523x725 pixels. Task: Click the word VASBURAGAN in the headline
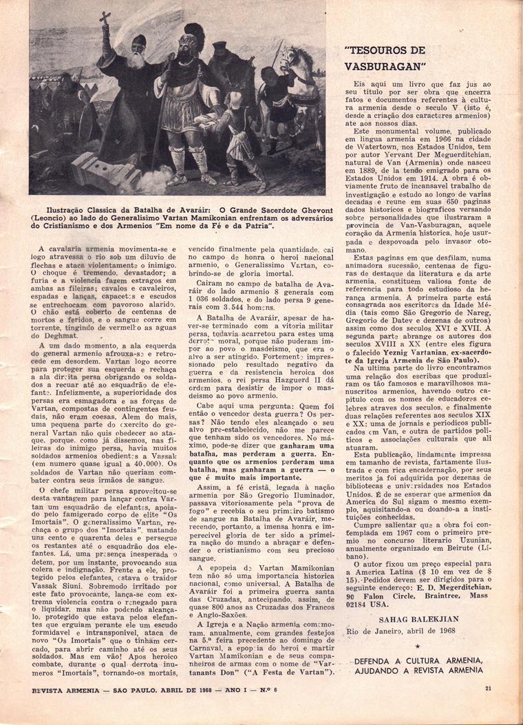pyautogui.click(x=385, y=66)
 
